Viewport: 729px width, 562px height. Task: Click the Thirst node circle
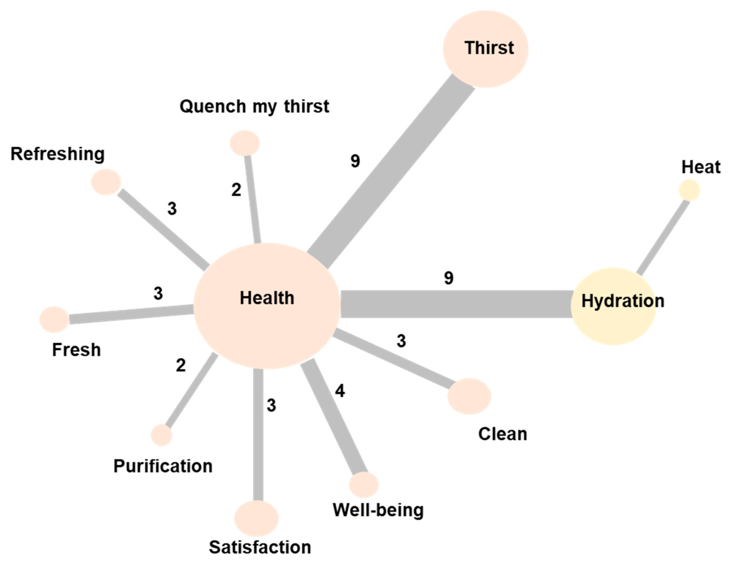[x=485, y=49]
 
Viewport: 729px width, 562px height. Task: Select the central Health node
[x=267, y=306]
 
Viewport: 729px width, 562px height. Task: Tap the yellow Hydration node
[x=614, y=306]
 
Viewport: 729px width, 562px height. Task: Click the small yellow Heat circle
[x=689, y=190]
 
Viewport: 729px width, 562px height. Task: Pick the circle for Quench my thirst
[x=245, y=143]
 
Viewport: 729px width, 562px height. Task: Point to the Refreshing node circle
[x=106, y=182]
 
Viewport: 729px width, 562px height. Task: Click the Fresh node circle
[x=54, y=319]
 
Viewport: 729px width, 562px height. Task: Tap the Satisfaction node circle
[x=256, y=518]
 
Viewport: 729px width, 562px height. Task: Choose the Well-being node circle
[x=364, y=484]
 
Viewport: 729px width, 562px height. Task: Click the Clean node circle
[x=469, y=396]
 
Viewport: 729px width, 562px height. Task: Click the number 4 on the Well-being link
[x=340, y=391]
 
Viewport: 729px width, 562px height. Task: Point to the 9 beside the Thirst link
[x=355, y=161]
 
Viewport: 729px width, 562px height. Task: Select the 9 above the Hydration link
[x=448, y=278]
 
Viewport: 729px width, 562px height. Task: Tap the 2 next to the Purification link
[x=180, y=365]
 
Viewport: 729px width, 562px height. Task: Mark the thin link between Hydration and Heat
[x=663, y=239]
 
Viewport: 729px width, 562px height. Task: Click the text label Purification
[x=163, y=466]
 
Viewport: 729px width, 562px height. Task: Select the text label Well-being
[x=378, y=510]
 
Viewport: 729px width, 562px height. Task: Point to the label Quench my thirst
[x=254, y=107]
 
